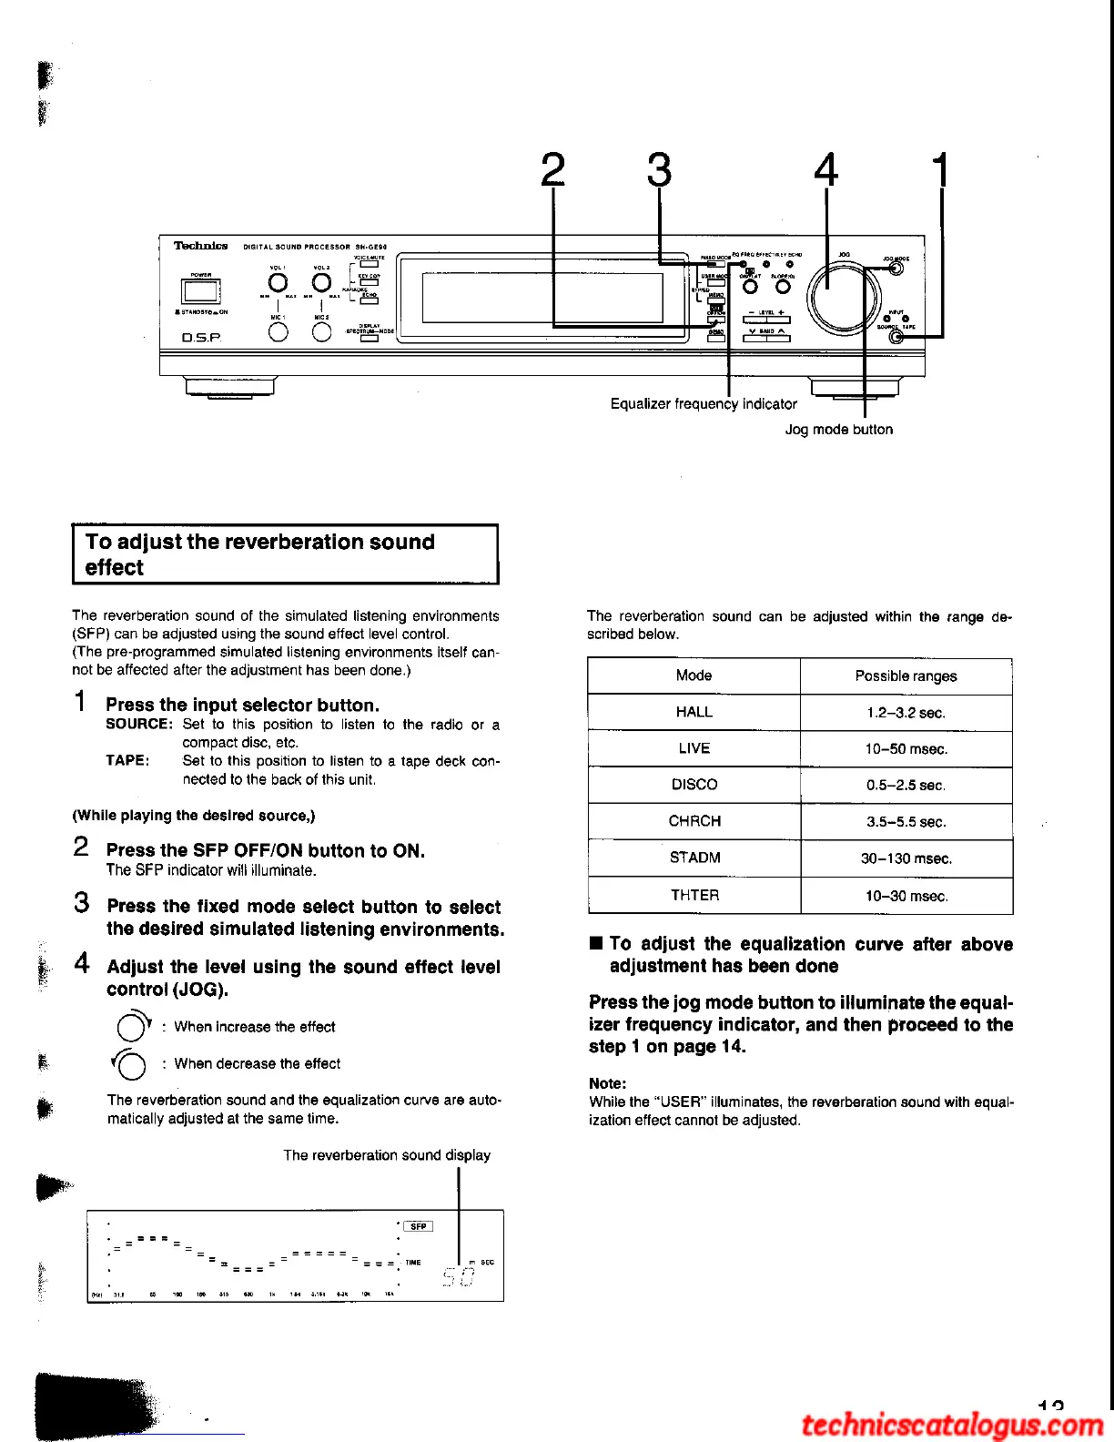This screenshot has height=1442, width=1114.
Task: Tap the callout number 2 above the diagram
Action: [x=552, y=169]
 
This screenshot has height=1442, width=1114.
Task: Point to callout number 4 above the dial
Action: [x=825, y=169]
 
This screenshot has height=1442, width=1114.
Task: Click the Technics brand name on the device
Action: [x=200, y=246]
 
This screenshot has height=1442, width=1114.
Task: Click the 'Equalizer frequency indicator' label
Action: [x=704, y=403]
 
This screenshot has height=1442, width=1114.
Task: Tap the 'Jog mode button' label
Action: [x=838, y=429]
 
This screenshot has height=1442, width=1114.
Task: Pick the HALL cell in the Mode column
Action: [x=694, y=712]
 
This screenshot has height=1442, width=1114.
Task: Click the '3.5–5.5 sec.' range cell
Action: [x=906, y=821]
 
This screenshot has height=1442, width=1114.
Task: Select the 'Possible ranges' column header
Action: [x=906, y=675]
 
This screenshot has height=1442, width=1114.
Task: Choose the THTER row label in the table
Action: [x=694, y=895]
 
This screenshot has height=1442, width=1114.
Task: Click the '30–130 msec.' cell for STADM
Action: [x=906, y=858]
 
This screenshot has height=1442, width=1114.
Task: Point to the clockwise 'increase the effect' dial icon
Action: [x=131, y=1027]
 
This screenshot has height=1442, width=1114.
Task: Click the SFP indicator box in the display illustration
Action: [x=418, y=1226]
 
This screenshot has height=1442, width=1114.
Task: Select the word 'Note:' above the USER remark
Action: [x=607, y=1083]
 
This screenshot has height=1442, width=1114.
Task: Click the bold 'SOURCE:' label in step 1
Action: [x=139, y=725]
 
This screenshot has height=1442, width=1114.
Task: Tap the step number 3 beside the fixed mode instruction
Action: [x=82, y=904]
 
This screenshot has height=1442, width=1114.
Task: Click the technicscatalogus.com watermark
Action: [x=952, y=1424]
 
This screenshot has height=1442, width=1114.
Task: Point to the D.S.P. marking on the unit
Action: [x=201, y=338]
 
